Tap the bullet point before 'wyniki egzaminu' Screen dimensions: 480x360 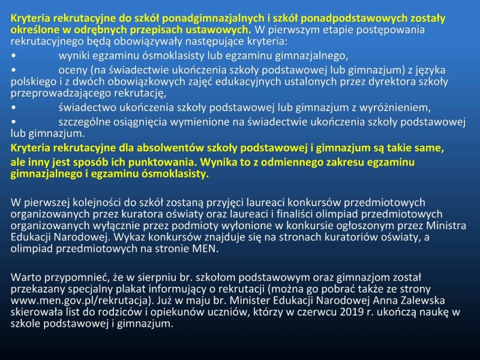[13, 56]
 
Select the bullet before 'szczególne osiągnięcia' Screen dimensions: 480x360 [13, 122]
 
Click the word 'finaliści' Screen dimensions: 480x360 [294, 214]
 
